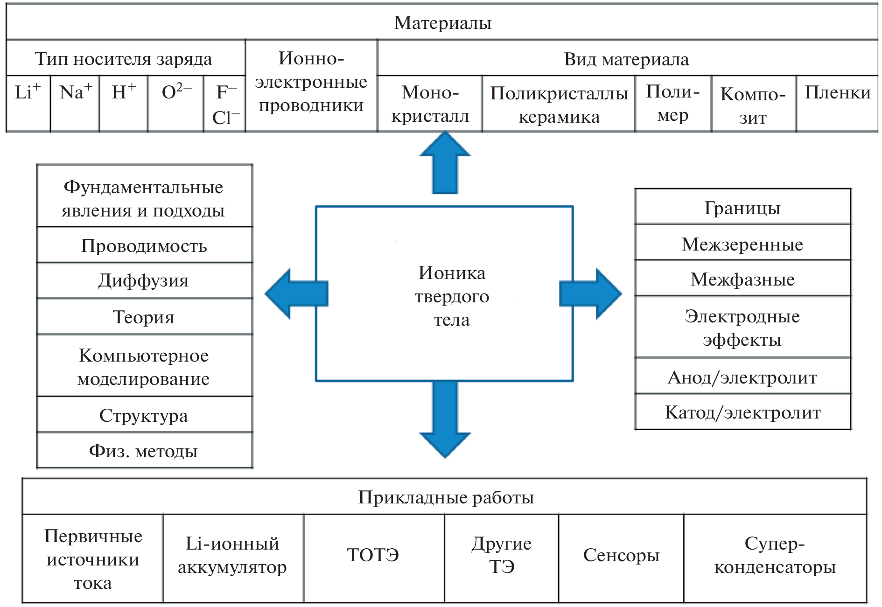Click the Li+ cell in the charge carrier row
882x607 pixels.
(x=28, y=103)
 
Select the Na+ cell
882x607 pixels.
(x=75, y=103)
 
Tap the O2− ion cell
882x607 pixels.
(x=176, y=103)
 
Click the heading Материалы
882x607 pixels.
(x=442, y=22)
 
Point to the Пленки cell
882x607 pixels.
(x=837, y=103)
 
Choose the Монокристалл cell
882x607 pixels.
(x=430, y=104)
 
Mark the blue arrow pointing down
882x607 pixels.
(x=445, y=420)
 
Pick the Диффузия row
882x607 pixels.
(x=144, y=280)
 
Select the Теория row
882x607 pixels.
(x=144, y=316)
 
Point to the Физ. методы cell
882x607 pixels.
(x=144, y=450)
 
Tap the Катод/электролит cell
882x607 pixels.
(x=742, y=412)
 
